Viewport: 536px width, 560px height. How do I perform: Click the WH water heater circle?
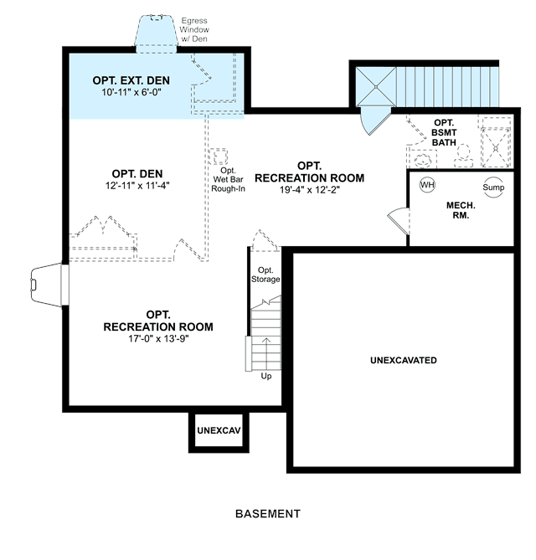click(x=427, y=185)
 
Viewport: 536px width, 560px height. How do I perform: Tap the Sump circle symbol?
click(x=493, y=188)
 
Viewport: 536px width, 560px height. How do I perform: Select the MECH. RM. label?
click(x=461, y=210)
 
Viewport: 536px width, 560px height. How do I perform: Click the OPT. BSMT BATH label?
click(x=444, y=132)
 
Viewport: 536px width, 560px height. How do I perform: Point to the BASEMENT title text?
click(x=268, y=514)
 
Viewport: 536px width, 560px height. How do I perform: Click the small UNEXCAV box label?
click(x=219, y=430)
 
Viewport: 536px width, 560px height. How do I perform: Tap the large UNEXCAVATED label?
click(x=404, y=360)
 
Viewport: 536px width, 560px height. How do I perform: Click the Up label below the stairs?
click(x=266, y=376)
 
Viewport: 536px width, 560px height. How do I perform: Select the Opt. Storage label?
click(x=265, y=275)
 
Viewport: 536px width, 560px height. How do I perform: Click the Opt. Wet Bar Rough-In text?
click(x=228, y=180)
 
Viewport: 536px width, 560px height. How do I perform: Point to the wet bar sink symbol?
click(x=219, y=157)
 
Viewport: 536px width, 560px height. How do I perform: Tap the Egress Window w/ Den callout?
click(x=194, y=29)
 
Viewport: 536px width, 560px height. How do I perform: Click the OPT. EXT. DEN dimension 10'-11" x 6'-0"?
click(x=131, y=92)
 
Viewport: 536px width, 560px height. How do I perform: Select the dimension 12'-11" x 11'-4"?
click(x=137, y=186)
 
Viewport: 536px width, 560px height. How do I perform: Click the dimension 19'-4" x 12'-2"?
click(x=309, y=190)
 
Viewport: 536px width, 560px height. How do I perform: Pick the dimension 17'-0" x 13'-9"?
click(x=158, y=338)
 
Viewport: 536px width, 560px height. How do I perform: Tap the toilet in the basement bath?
click(x=463, y=156)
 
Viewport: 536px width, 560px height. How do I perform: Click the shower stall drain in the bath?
click(x=496, y=148)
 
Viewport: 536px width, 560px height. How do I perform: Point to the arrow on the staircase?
click(x=266, y=348)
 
